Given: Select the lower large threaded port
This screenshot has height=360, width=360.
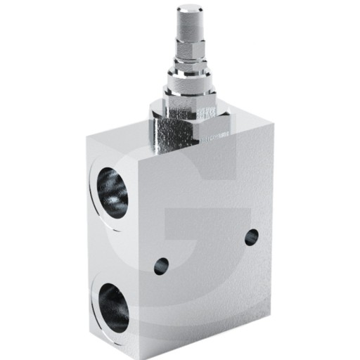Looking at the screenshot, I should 112,307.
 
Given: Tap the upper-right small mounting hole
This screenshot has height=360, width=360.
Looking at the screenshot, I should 252,238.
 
